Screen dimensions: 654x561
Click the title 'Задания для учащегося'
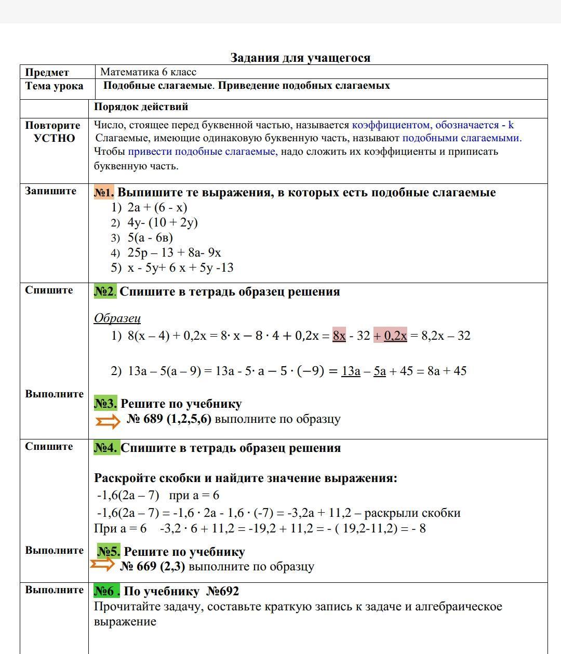[x=300, y=58]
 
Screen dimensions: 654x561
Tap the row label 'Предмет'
[x=47, y=73]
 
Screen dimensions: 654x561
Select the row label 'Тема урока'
[x=54, y=86]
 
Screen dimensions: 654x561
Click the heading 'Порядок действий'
[x=141, y=107]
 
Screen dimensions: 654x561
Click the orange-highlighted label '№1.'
[x=104, y=193]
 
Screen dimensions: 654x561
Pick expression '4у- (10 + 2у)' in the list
[x=162, y=222]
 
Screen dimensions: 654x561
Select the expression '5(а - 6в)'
[x=150, y=237]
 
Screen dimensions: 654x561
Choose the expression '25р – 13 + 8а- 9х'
[x=174, y=252]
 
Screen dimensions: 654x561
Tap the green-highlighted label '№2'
[x=104, y=291]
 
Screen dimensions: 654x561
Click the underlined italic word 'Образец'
[x=117, y=318]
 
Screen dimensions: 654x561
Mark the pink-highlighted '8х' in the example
[x=339, y=336]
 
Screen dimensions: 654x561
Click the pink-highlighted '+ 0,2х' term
[x=390, y=336]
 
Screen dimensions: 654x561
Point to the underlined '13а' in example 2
[x=351, y=371]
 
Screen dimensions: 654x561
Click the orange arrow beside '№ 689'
[x=108, y=421]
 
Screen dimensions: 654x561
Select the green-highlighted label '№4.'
[x=106, y=448]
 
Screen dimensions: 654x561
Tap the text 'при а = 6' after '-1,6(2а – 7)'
[x=194, y=495]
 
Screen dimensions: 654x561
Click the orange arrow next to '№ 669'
[x=102, y=564]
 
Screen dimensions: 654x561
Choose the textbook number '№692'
[x=222, y=591]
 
